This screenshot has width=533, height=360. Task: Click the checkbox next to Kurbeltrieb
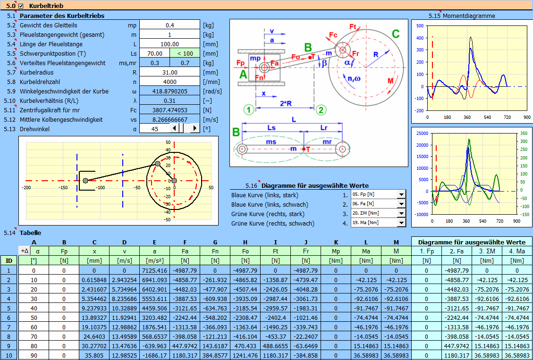(21, 6)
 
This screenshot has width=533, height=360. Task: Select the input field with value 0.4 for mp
(169, 25)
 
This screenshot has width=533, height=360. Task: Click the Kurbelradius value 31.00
(169, 72)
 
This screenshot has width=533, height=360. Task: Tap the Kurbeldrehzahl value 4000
(169, 82)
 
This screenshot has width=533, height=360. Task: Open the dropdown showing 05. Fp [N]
(401, 194)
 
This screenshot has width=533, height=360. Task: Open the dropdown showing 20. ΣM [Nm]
(401, 214)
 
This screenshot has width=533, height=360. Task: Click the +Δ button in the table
(25, 251)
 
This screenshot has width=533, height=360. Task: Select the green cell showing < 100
(185, 53)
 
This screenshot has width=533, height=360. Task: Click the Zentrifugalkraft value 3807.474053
(169, 110)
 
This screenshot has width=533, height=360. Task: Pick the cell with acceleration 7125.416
(154, 270)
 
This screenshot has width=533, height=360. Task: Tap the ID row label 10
(9, 356)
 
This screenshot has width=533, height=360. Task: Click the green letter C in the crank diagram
(396, 34)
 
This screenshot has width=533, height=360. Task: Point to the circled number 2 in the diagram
(321, 109)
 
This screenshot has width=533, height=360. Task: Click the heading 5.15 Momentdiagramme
(462, 16)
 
